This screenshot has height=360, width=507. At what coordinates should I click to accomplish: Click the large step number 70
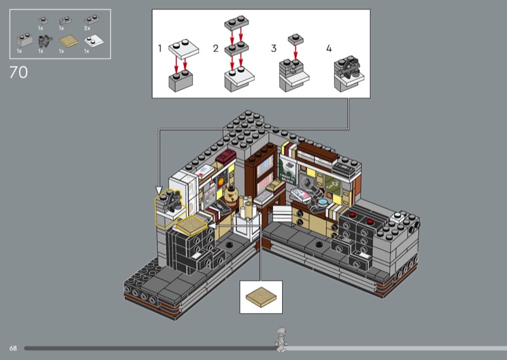point(18,72)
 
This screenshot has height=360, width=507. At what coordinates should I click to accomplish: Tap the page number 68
point(13,348)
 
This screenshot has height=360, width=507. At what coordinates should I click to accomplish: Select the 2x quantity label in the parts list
point(87,29)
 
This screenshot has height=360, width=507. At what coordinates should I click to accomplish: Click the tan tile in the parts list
point(68,41)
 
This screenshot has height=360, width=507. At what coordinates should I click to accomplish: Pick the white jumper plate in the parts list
point(94,41)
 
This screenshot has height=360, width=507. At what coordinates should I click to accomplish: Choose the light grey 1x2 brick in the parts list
point(25,40)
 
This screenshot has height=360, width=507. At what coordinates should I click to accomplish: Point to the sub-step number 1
point(160,49)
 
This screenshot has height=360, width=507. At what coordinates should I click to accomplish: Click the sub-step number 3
point(274,49)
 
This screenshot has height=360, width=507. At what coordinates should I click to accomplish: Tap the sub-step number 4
point(329,49)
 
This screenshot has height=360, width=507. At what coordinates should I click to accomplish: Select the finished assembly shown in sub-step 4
point(349,74)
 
